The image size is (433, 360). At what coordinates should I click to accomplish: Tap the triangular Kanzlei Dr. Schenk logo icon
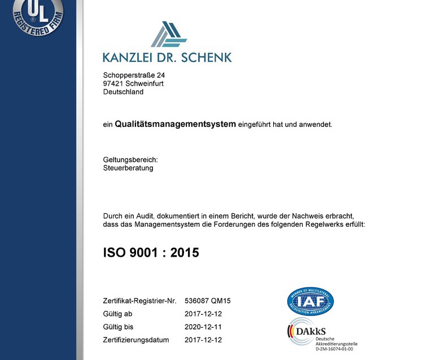tap(168, 34)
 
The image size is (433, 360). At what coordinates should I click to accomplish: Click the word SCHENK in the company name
tap(207, 56)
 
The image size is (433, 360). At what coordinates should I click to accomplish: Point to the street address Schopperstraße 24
tap(134, 75)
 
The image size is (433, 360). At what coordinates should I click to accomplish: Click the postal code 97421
tap(113, 84)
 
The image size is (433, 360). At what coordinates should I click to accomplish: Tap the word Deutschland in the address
tap(123, 92)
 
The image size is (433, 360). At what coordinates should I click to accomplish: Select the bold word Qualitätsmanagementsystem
tap(175, 124)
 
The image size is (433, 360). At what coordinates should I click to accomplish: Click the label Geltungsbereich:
tap(130, 160)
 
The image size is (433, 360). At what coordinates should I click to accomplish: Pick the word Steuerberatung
tap(128, 168)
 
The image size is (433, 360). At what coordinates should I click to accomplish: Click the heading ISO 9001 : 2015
tap(151, 253)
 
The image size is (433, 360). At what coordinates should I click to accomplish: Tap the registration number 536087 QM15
tap(207, 301)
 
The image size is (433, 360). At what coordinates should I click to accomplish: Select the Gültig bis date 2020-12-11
tap(203, 327)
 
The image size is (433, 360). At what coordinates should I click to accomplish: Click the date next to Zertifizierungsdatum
tap(203, 340)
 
